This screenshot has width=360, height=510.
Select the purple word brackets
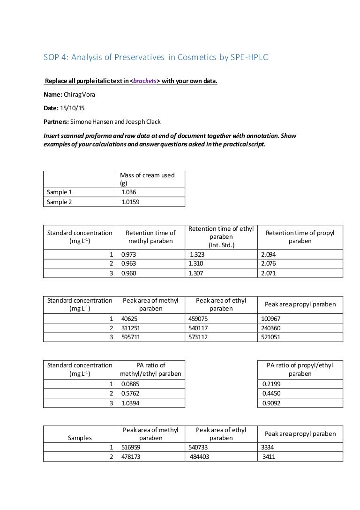tap(145, 81)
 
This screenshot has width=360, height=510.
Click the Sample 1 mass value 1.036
tap(129, 192)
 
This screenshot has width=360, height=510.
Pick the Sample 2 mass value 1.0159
tap(130, 202)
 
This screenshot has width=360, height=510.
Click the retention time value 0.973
tap(128, 254)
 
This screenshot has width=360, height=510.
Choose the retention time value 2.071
tap(268, 273)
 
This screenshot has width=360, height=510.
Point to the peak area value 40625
tap(129, 319)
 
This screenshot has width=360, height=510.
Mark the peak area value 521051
tap(271, 337)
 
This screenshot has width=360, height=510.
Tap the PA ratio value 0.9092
tap(271, 402)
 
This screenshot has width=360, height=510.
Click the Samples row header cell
tap(80, 438)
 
